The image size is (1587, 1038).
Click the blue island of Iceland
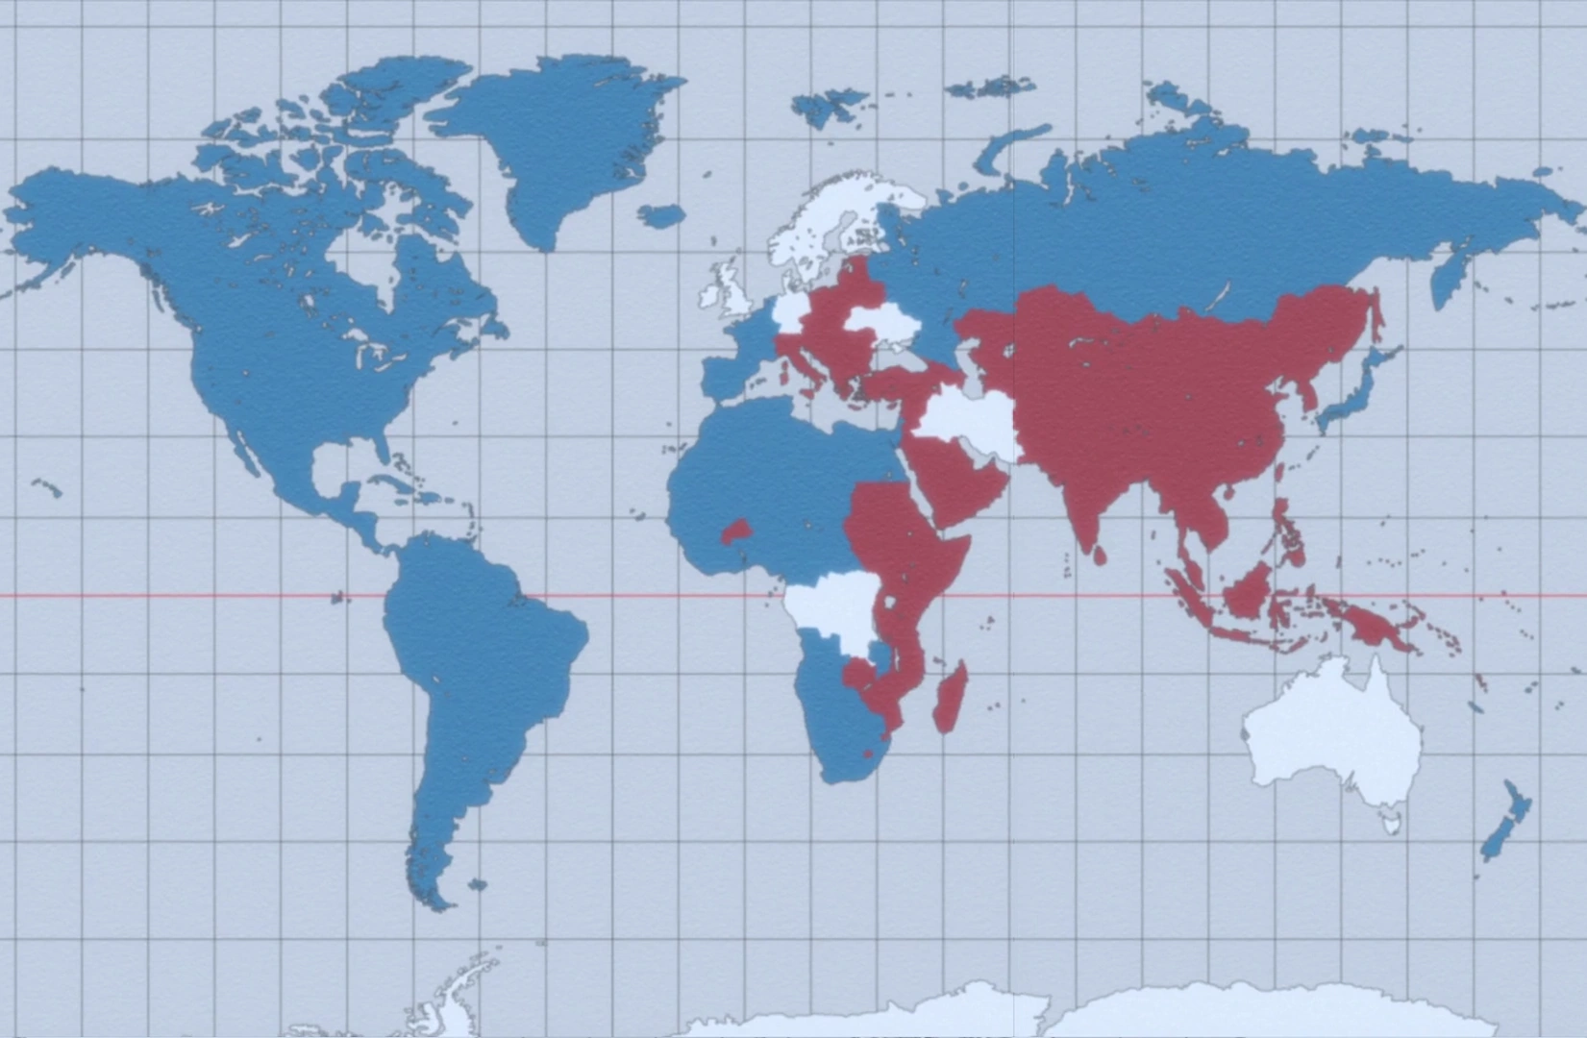661,215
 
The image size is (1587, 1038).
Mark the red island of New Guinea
1375,625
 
